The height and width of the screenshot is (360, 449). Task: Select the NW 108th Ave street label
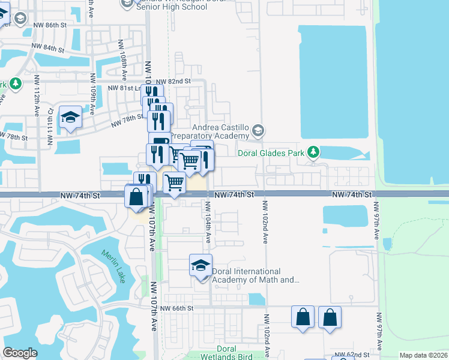point(122,61)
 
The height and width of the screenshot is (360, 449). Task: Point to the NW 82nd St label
point(173,81)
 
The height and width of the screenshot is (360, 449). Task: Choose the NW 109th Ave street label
point(92,94)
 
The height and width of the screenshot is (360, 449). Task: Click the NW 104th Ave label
point(208,219)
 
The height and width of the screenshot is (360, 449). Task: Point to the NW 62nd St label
point(349,355)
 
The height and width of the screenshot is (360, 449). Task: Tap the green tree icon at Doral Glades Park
point(313,153)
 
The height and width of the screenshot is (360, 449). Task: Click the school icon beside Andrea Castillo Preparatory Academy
point(258,130)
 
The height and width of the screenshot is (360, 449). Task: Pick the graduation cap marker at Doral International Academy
point(200,265)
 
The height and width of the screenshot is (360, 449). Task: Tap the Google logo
point(20,353)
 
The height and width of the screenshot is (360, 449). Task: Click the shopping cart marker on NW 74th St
point(174,182)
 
